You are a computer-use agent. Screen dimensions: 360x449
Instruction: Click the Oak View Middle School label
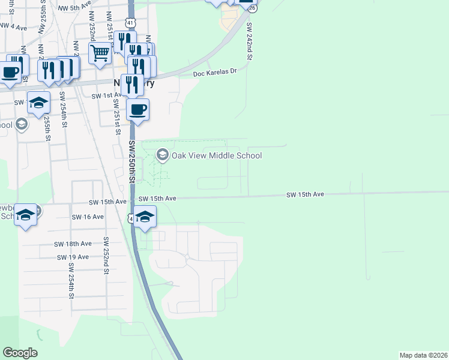[x=217, y=156]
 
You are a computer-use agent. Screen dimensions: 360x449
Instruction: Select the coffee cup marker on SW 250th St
[x=138, y=110]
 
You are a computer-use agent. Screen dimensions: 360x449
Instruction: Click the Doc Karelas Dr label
[x=215, y=73]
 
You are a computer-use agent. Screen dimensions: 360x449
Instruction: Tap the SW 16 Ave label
[x=88, y=217]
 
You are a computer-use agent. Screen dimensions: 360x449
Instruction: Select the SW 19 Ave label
[x=73, y=257]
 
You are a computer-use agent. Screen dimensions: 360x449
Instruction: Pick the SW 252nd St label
[x=106, y=256]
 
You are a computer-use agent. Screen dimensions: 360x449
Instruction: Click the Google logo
[x=20, y=353]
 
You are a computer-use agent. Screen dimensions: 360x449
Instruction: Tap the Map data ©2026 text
[x=423, y=355]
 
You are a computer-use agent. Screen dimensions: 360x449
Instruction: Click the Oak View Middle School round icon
[x=162, y=155]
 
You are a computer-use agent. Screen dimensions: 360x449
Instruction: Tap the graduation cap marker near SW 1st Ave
[x=38, y=103]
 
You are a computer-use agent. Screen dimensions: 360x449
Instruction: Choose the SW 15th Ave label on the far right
[x=305, y=194]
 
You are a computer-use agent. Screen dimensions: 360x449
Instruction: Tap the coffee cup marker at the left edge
[x=10, y=73]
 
